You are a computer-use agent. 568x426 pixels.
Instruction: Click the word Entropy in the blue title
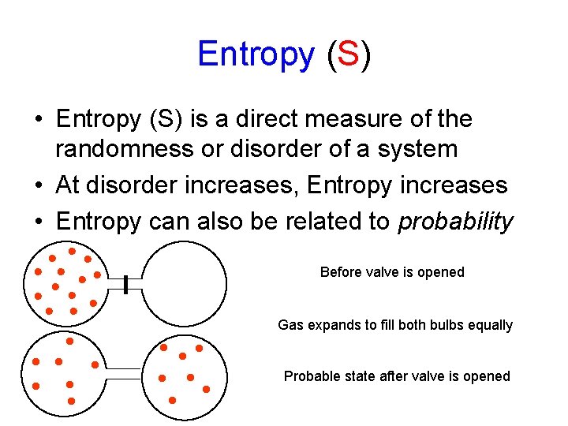tap(256, 54)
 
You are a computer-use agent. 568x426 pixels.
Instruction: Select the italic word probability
tap(456, 222)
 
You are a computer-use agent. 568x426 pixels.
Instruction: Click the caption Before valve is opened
tap(392, 272)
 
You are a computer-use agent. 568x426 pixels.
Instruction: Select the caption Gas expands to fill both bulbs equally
tap(395, 325)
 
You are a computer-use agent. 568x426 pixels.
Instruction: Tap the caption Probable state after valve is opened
tap(397, 376)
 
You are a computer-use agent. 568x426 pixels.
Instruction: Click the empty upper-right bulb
tap(185, 282)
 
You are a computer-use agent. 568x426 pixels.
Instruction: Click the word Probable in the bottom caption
tap(310, 376)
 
